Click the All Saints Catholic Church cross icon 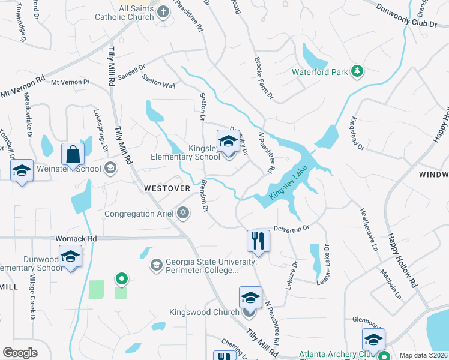163,11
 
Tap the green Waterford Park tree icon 357,71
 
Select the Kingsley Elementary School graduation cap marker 228,142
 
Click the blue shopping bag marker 73,154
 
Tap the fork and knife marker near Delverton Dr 256,241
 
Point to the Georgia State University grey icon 157,265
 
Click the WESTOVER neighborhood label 167,188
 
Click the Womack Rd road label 76,238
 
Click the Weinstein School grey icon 110,168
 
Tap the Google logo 20,353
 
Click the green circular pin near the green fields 121,278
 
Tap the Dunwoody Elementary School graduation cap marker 70,257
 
